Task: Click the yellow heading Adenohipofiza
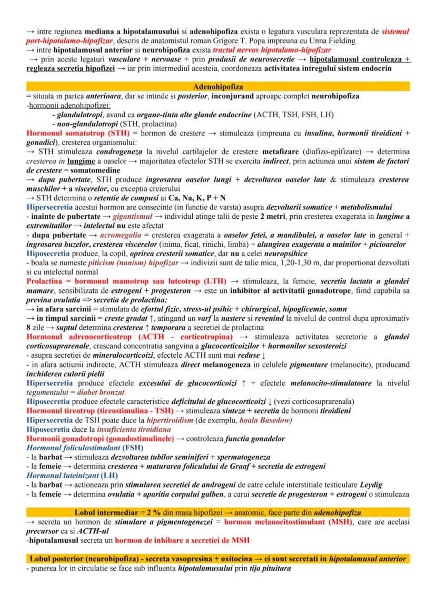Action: pos(218,86)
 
